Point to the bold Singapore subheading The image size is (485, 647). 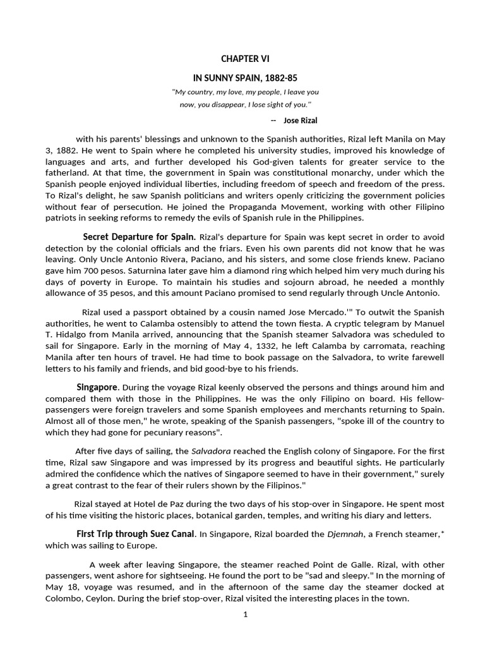click(97, 386)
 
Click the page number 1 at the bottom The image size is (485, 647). click(245, 616)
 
